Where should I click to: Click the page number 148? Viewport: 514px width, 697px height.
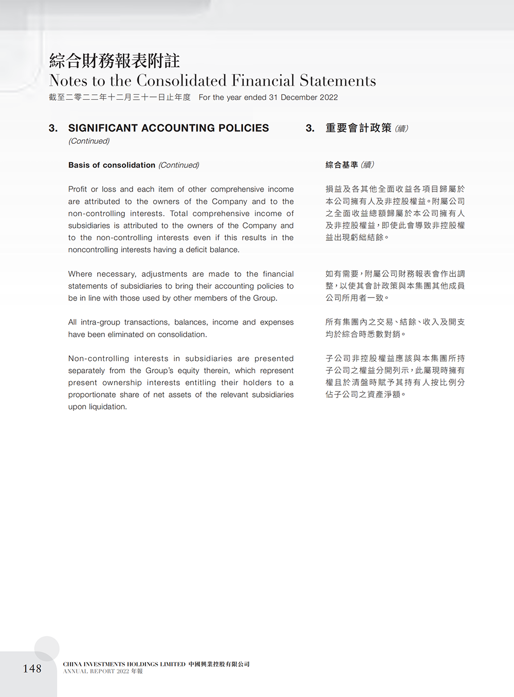click(32, 668)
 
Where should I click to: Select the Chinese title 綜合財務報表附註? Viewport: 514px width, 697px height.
click(114, 61)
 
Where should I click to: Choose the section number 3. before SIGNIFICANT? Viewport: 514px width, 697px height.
click(53, 128)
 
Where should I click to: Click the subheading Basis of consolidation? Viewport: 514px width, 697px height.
click(112, 165)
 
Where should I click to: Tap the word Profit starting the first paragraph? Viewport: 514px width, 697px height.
click(78, 189)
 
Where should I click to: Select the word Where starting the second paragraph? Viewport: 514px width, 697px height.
click(80, 274)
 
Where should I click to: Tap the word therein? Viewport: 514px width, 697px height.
click(216, 370)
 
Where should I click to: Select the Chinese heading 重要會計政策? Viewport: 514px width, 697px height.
click(358, 128)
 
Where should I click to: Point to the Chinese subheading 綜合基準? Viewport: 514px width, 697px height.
click(342, 165)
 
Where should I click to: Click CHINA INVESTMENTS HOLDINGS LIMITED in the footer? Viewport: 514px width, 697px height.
click(124, 664)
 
